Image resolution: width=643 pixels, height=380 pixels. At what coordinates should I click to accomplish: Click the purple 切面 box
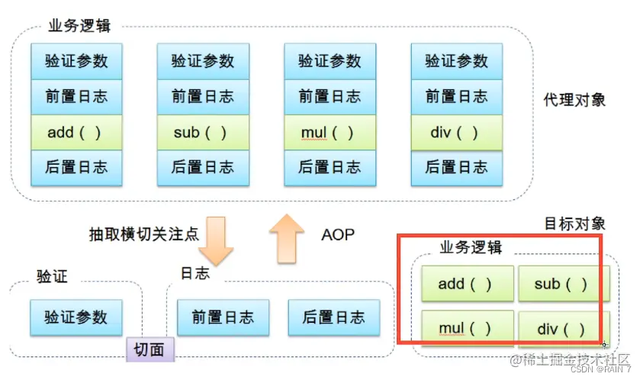pyautogui.click(x=149, y=349)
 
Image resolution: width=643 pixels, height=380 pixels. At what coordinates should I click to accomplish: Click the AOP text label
pyautogui.click(x=337, y=234)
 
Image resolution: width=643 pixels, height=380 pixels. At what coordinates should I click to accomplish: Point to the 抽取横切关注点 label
pyautogui.click(x=144, y=234)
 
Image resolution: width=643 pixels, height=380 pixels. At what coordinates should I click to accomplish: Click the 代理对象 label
pyautogui.click(x=574, y=101)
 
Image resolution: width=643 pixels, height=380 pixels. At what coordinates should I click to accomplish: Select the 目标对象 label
pyautogui.click(x=574, y=224)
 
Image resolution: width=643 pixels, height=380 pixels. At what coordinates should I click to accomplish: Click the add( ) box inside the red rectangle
pyautogui.click(x=465, y=284)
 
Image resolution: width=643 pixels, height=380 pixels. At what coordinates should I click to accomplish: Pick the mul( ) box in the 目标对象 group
pyautogui.click(x=465, y=330)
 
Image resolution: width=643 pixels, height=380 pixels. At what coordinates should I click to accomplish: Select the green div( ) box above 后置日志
pyautogui.click(x=455, y=133)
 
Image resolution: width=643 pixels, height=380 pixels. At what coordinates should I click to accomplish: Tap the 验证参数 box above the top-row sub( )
pyautogui.click(x=202, y=60)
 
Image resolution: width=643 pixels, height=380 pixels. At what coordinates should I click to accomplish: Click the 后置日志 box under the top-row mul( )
pyautogui.click(x=329, y=167)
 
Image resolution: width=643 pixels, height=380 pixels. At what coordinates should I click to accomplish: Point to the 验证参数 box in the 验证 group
pyautogui.click(x=76, y=317)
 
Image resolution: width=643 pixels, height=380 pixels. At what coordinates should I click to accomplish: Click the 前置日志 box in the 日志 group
pyautogui.click(x=223, y=317)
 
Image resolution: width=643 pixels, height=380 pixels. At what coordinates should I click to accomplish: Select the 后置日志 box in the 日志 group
pyautogui.click(x=333, y=317)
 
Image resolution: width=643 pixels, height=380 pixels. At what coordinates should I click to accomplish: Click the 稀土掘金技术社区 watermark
pyautogui.click(x=571, y=359)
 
